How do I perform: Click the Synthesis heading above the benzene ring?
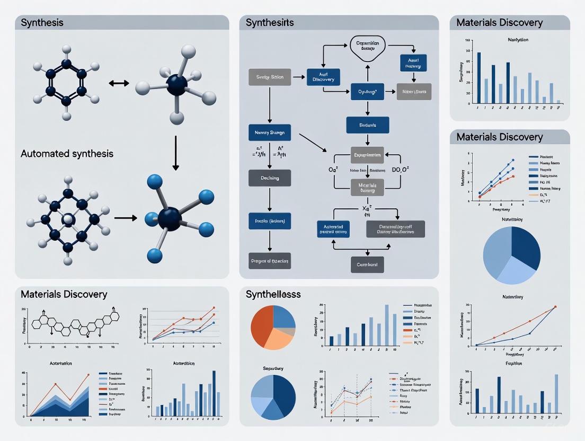(42, 23)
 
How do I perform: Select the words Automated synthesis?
(67, 154)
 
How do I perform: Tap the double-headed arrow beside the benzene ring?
(119, 83)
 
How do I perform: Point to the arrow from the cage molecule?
(125, 217)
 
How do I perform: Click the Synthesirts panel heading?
(270, 23)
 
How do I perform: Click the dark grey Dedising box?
(269, 178)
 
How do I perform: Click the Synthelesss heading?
(273, 294)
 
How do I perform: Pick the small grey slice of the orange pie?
(289, 332)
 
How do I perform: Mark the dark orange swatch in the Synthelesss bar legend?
(407, 336)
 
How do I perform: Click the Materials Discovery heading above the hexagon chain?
(64, 294)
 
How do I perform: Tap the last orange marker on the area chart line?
(88, 375)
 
